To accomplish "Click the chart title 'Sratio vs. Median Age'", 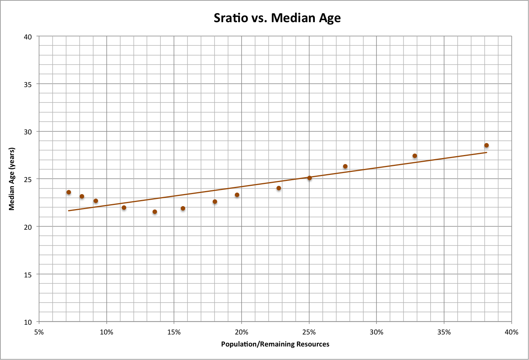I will click(277, 18).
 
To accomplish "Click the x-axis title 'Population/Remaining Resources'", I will click(275, 344).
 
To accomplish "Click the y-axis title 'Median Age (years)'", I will click(12, 179).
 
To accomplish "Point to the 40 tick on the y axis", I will click(28, 37).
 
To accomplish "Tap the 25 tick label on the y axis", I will click(28, 179).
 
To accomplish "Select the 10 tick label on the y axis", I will click(28, 322).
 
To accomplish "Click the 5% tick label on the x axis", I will click(39, 332).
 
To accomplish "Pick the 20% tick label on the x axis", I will click(241, 332).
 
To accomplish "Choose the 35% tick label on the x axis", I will click(444, 332).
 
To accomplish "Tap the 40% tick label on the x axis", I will click(511, 332).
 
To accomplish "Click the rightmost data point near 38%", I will click(486, 145).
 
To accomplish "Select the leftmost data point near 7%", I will click(69, 192).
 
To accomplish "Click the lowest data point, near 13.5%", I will click(155, 212).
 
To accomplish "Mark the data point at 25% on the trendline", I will click(310, 178).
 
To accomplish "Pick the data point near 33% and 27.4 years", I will click(414, 156).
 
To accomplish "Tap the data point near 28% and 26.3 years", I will click(345, 166).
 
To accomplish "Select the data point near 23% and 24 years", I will click(279, 188).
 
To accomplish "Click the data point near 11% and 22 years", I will click(124, 208).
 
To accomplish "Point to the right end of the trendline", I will click(487, 152).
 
